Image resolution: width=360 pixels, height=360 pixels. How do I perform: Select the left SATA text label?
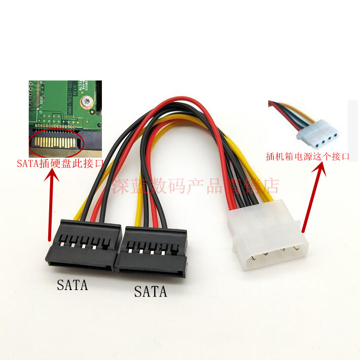pyautogui.click(x=72, y=285)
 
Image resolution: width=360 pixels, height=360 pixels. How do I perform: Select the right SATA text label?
pyautogui.click(x=150, y=292)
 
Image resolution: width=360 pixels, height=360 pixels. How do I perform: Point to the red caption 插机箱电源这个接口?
pyautogui.click(x=308, y=156)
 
